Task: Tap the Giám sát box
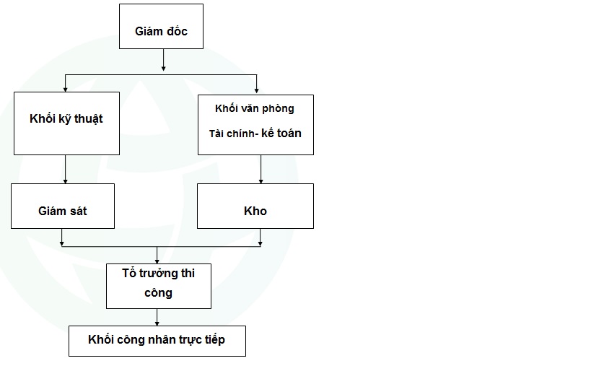coord(62,206)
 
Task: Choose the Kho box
coord(255,206)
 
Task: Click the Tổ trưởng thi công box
coord(159,285)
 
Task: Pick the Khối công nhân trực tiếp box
coord(157,340)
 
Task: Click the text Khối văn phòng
coord(255,109)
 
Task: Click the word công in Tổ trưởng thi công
coord(159,293)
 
